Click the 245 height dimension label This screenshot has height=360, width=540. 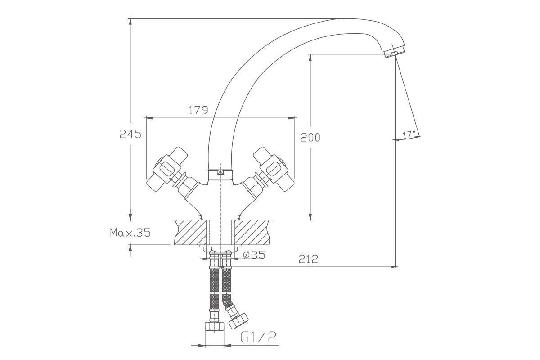[x=130, y=134]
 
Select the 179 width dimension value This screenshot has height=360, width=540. [x=198, y=110]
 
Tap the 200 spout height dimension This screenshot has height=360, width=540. [x=310, y=137]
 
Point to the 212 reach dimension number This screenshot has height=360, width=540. [x=309, y=259]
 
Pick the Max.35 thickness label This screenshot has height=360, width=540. [x=130, y=233]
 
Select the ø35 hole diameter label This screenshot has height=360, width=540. [x=254, y=255]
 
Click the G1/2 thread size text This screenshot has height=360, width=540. [x=258, y=337]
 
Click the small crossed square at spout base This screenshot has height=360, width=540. [x=220, y=172]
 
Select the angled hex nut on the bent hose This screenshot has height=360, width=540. [x=238, y=321]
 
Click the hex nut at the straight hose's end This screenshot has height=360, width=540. [x=214, y=328]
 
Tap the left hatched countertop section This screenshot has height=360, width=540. [x=191, y=232]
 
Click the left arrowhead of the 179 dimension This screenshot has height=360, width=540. [x=150, y=118]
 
